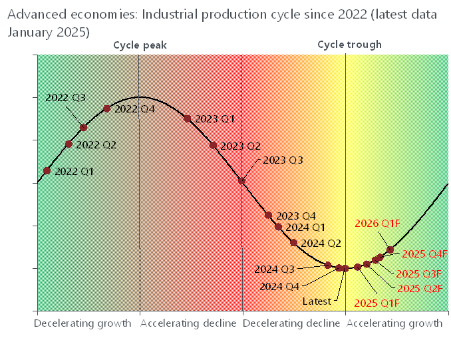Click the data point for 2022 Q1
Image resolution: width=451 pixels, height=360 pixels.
click(47, 170)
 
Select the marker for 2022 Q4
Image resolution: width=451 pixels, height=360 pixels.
click(107, 108)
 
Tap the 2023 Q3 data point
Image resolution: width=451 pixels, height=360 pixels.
click(241, 180)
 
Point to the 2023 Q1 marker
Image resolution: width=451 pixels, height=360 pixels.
click(188, 118)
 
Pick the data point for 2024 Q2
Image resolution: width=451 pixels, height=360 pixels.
click(294, 243)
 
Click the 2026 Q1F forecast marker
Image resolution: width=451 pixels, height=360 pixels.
click(390, 250)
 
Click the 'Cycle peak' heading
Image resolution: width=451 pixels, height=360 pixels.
click(140, 45)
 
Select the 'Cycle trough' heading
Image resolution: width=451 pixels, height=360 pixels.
click(349, 45)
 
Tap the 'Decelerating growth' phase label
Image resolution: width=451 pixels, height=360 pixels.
click(82, 323)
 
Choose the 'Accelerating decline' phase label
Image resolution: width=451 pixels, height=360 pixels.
click(189, 323)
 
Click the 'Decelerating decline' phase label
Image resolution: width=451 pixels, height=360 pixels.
click(291, 323)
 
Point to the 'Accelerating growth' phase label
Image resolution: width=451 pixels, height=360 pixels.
click(394, 323)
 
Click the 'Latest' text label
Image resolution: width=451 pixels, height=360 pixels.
click(317, 301)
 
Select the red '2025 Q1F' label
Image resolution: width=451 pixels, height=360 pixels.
click(376, 303)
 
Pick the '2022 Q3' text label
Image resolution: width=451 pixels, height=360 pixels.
click(66, 97)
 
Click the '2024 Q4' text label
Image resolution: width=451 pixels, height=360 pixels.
click(279, 286)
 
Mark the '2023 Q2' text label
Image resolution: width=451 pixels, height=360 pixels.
click(241, 146)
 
